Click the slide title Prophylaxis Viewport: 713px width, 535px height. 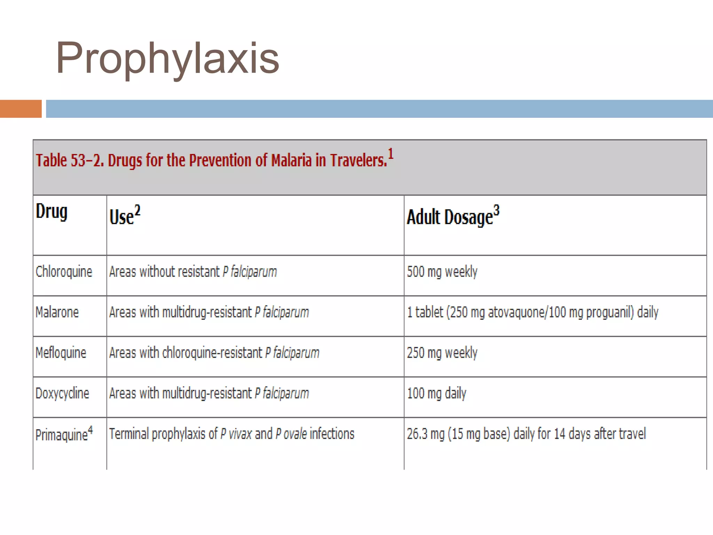tap(167, 58)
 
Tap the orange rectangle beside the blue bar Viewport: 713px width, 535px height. tap(21, 109)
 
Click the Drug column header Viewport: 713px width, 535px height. tap(52, 212)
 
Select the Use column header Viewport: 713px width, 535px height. tap(124, 216)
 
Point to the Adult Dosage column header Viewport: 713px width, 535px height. tap(453, 216)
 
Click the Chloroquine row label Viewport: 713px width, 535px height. tap(64, 272)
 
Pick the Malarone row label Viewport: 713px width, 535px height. tap(57, 312)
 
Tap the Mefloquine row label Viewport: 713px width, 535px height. tap(61, 353)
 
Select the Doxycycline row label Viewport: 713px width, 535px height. tap(62, 393)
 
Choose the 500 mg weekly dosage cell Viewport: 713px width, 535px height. tap(442, 272)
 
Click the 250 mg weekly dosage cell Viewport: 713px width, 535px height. tap(442, 353)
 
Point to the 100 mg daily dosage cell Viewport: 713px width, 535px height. tap(437, 393)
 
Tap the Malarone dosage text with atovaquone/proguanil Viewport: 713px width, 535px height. tap(533, 312)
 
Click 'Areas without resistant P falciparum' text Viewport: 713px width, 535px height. tap(193, 272)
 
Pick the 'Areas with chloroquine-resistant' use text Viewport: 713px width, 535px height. tap(214, 353)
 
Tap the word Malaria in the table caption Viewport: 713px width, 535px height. tap(291, 161)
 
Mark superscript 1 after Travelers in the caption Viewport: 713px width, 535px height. tap(391, 154)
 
